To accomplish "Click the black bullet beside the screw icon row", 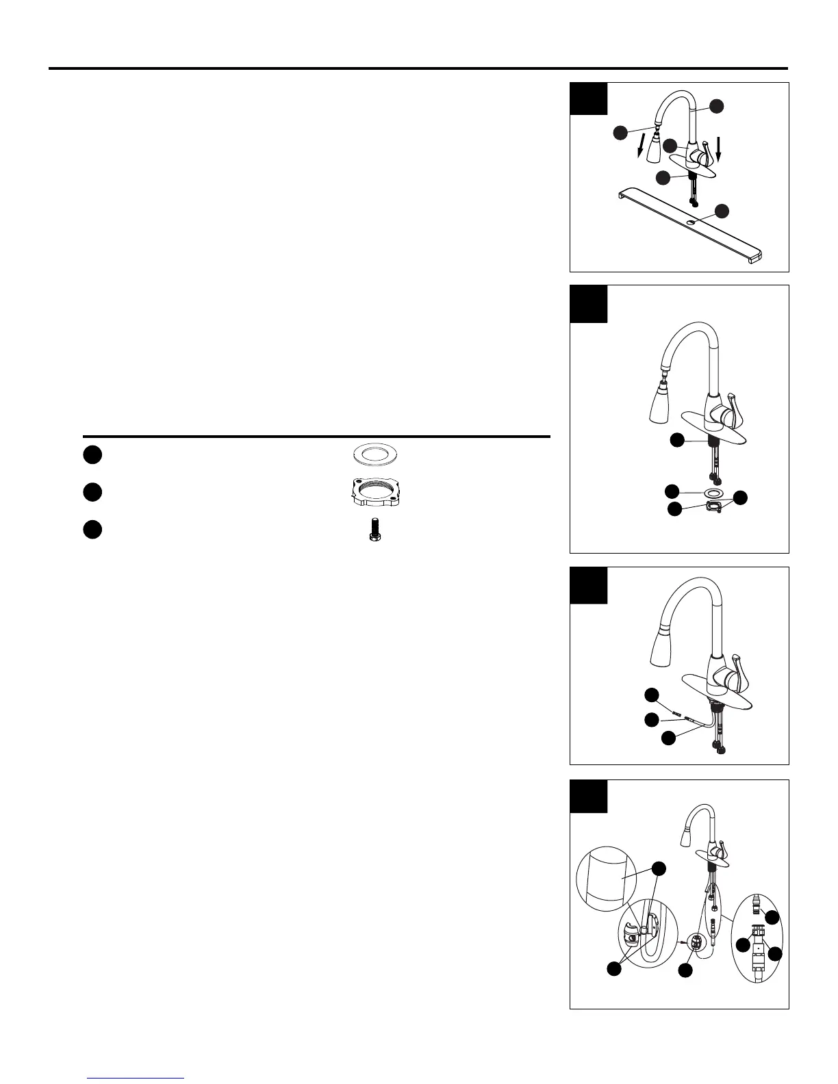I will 93,530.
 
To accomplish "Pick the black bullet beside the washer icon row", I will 93,454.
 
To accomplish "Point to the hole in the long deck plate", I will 692,222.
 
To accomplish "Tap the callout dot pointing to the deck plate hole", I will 718,210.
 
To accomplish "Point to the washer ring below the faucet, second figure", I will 713,493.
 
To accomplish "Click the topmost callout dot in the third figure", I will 653,695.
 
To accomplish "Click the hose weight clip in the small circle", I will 696,942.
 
